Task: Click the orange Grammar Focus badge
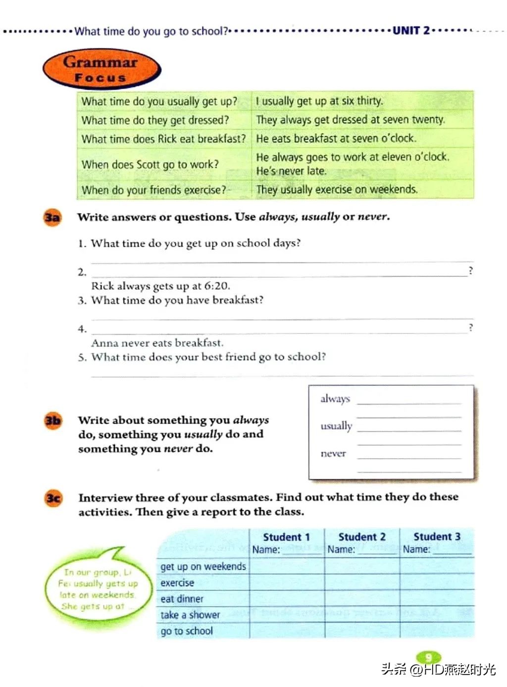(x=101, y=69)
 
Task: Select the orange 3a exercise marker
(x=52, y=217)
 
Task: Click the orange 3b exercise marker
(x=53, y=421)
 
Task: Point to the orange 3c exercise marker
(x=53, y=498)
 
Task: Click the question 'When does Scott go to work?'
(x=150, y=164)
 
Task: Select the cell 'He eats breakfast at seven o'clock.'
(x=336, y=138)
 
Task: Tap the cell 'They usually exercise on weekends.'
(x=337, y=190)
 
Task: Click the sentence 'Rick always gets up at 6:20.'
(x=160, y=286)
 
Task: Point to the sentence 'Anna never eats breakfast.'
(x=157, y=343)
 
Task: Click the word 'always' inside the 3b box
(x=335, y=399)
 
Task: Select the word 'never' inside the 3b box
(x=333, y=453)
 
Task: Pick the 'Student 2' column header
(x=361, y=537)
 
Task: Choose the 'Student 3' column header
(x=437, y=536)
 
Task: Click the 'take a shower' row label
(x=190, y=615)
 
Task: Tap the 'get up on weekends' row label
(x=203, y=566)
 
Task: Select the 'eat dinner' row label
(x=182, y=599)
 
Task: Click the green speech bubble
(x=97, y=587)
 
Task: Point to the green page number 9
(x=428, y=657)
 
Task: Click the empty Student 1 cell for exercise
(x=287, y=582)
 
